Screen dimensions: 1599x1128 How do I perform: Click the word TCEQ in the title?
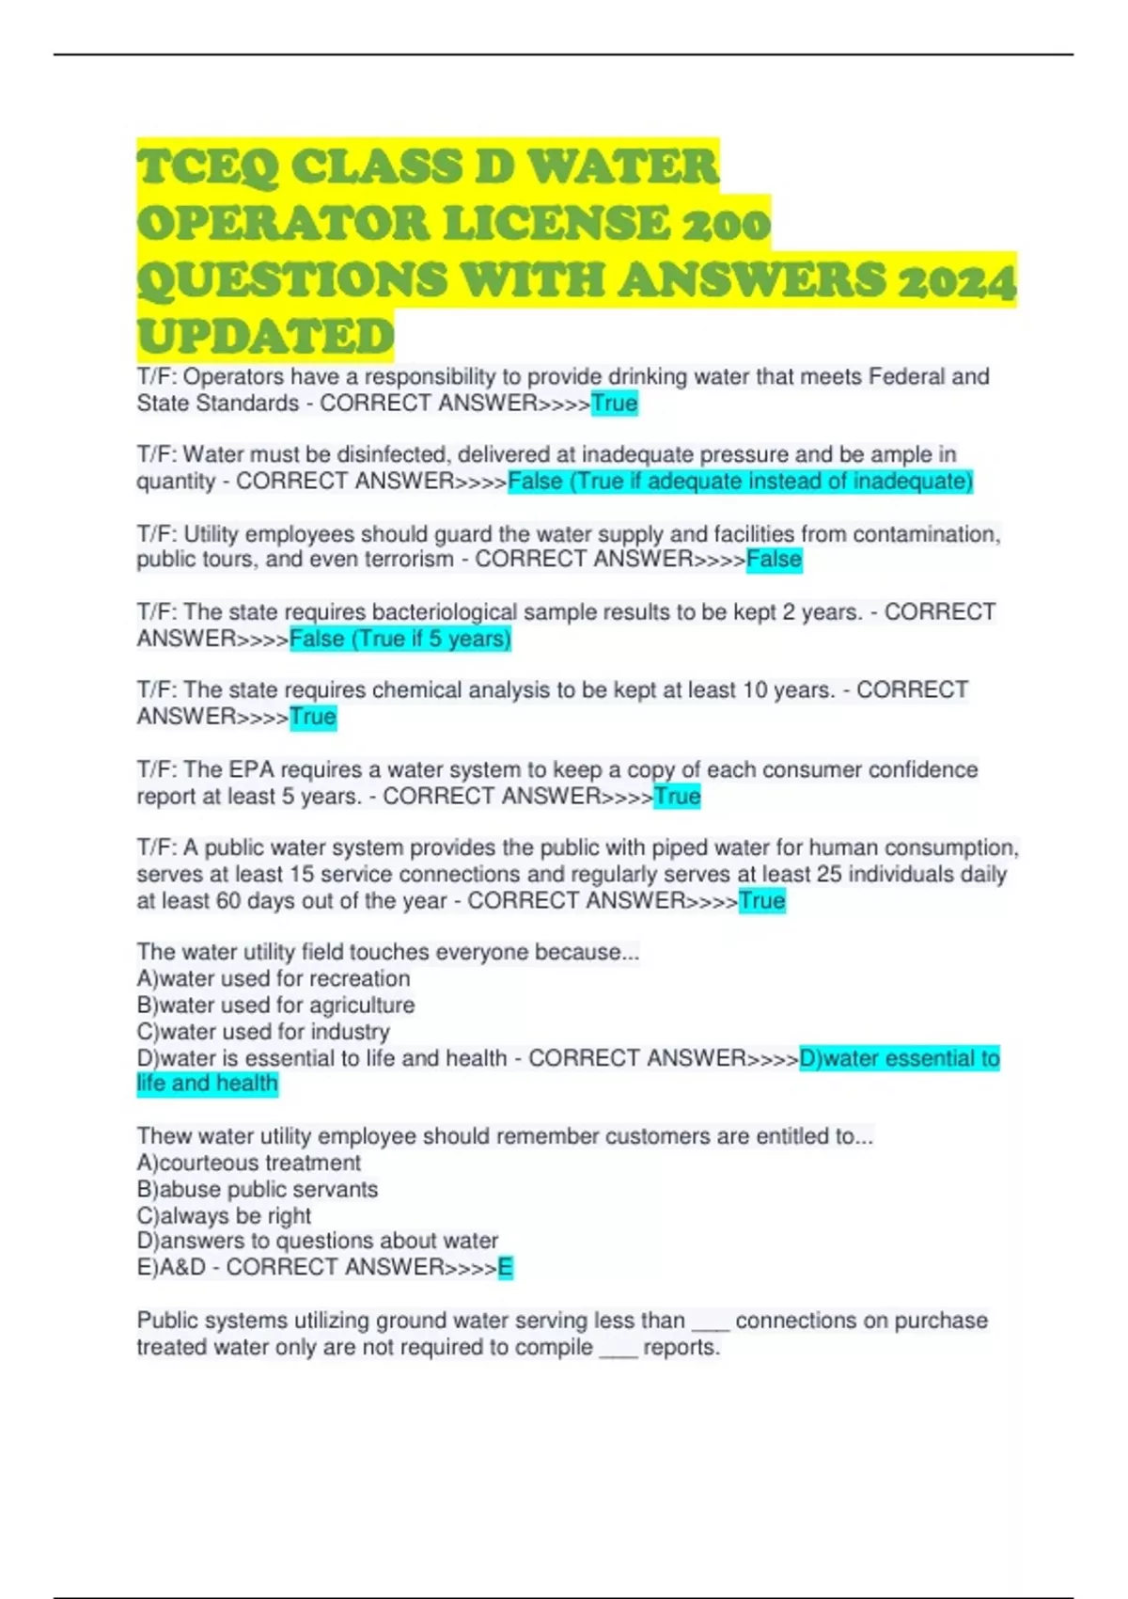coord(208,167)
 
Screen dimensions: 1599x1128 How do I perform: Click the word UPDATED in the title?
coord(265,337)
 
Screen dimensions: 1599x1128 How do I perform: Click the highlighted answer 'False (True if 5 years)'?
coord(400,639)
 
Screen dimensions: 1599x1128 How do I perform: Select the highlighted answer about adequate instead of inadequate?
coord(740,482)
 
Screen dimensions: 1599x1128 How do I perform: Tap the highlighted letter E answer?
coord(505,1268)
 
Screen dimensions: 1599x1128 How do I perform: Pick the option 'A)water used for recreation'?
coord(274,978)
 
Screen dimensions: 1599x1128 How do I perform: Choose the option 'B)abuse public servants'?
coord(258,1189)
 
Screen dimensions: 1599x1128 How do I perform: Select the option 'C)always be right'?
coord(224,1215)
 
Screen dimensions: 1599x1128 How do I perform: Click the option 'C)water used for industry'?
coord(263,1031)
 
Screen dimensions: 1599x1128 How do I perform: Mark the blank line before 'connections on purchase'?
coord(711,1323)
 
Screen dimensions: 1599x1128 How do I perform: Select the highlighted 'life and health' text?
coord(208,1084)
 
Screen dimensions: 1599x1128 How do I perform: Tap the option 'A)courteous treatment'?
coord(249,1163)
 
